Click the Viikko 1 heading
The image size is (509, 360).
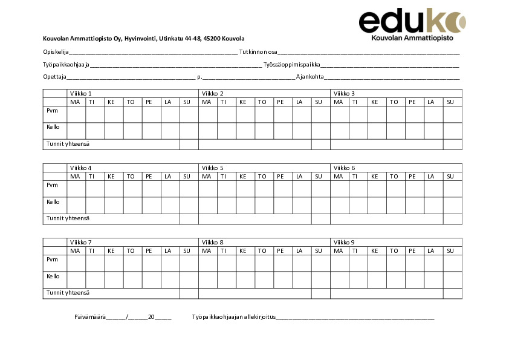(x=80, y=93)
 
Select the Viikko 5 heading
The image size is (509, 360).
(x=213, y=168)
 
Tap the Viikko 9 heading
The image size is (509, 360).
(x=344, y=242)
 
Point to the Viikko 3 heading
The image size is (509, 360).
(x=344, y=93)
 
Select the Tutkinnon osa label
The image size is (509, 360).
(x=258, y=52)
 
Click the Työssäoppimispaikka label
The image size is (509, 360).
(x=292, y=65)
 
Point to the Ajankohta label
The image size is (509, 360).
(x=310, y=77)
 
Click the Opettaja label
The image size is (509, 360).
(x=54, y=77)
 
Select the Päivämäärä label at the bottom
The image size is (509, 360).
(x=89, y=317)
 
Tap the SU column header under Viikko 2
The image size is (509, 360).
(x=318, y=102)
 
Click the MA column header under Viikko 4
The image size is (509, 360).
(x=75, y=176)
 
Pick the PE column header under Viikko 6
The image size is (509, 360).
(x=412, y=176)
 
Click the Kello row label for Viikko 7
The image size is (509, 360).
(x=53, y=276)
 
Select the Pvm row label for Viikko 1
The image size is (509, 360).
(x=52, y=111)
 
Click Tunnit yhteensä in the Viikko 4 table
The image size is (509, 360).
(x=68, y=218)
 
